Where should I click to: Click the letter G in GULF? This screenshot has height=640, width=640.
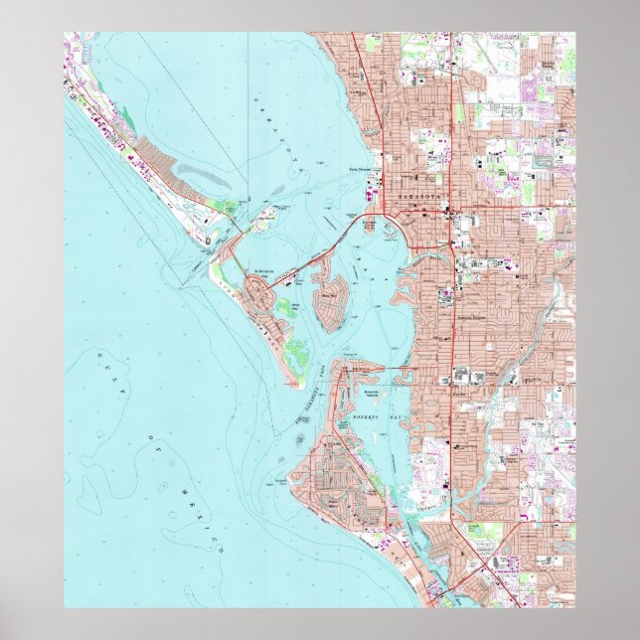click(101, 356)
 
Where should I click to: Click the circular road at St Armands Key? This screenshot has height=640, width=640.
click(263, 295)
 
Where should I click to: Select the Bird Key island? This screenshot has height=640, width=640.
click(328, 298)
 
